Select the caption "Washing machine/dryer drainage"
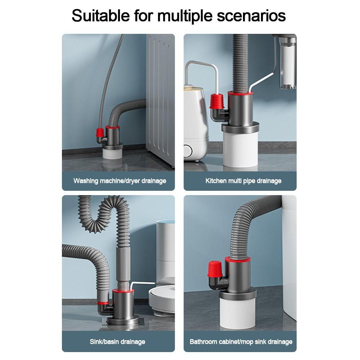pos(120,181)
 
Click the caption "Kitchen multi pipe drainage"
pos(243,181)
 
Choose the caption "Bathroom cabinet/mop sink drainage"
pos(241,341)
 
